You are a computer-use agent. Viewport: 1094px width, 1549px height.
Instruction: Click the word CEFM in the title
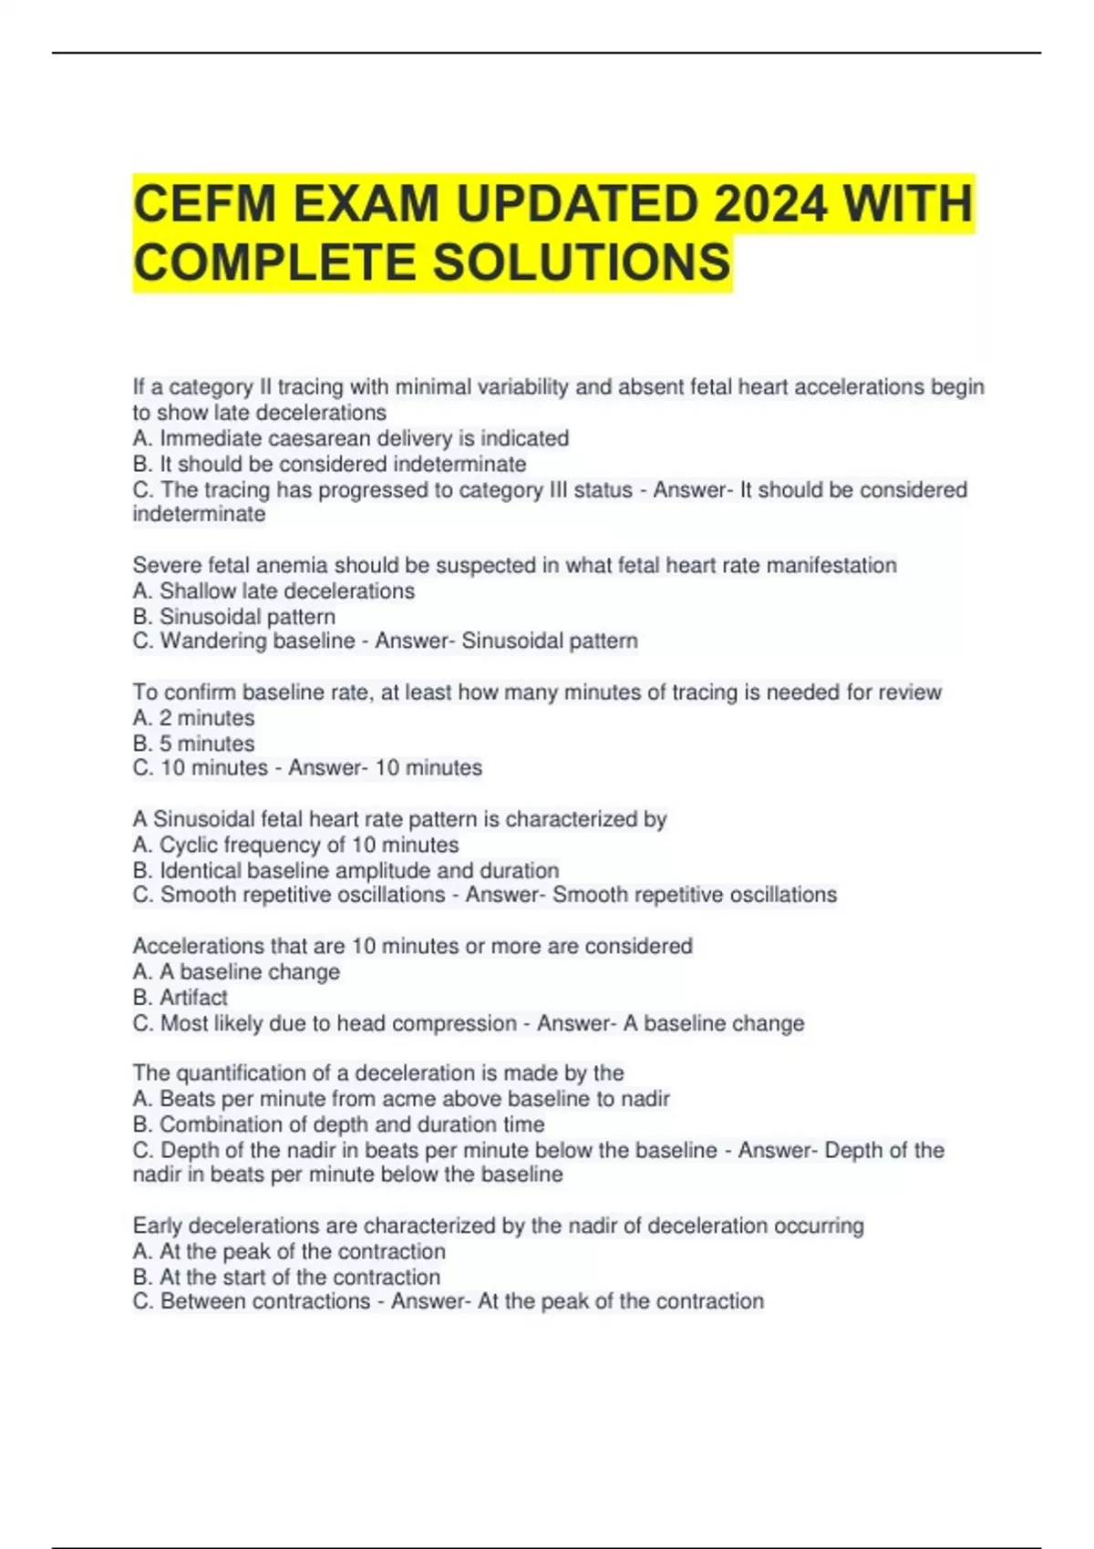click(x=203, y=203)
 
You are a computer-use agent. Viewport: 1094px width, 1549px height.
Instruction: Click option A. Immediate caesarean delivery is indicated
click(x=351, y=438)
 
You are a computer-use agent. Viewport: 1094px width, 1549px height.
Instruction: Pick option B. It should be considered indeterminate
click(x=329, y=464)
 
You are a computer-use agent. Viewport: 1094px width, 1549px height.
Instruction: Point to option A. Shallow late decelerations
click(x=273, y=590)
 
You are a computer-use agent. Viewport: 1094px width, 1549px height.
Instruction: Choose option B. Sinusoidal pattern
click(x=234, y=616)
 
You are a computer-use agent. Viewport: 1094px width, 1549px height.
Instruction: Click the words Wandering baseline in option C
click(x=257, y=641)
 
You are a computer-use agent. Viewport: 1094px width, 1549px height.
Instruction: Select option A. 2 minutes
click(x=193, y=718)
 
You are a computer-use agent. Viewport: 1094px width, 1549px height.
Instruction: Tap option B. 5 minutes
click(x=193, y=744)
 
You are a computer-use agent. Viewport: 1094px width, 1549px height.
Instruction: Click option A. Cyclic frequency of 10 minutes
click(x=295, y=845)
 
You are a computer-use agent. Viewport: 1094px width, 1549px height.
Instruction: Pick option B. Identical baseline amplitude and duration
click(x=346, y=870)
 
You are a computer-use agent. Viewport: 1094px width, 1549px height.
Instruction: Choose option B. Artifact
click(x=180, y=997)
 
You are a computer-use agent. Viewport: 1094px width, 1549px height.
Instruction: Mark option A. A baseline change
click(x=236, y=971)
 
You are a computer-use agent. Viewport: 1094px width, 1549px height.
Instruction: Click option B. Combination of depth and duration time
click(x=338, y=1124)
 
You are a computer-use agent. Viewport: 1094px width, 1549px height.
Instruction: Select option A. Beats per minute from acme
click(x=401, y=1099)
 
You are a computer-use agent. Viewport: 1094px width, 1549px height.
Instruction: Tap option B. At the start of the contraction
click(x=286, y=1277)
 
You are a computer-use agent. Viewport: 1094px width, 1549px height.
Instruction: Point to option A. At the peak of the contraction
click(x=289, y=1251)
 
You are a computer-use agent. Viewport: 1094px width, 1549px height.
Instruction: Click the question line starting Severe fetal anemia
click(x=514, y=565)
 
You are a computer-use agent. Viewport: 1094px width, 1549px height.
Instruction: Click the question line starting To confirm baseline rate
click(x=537, y=692)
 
